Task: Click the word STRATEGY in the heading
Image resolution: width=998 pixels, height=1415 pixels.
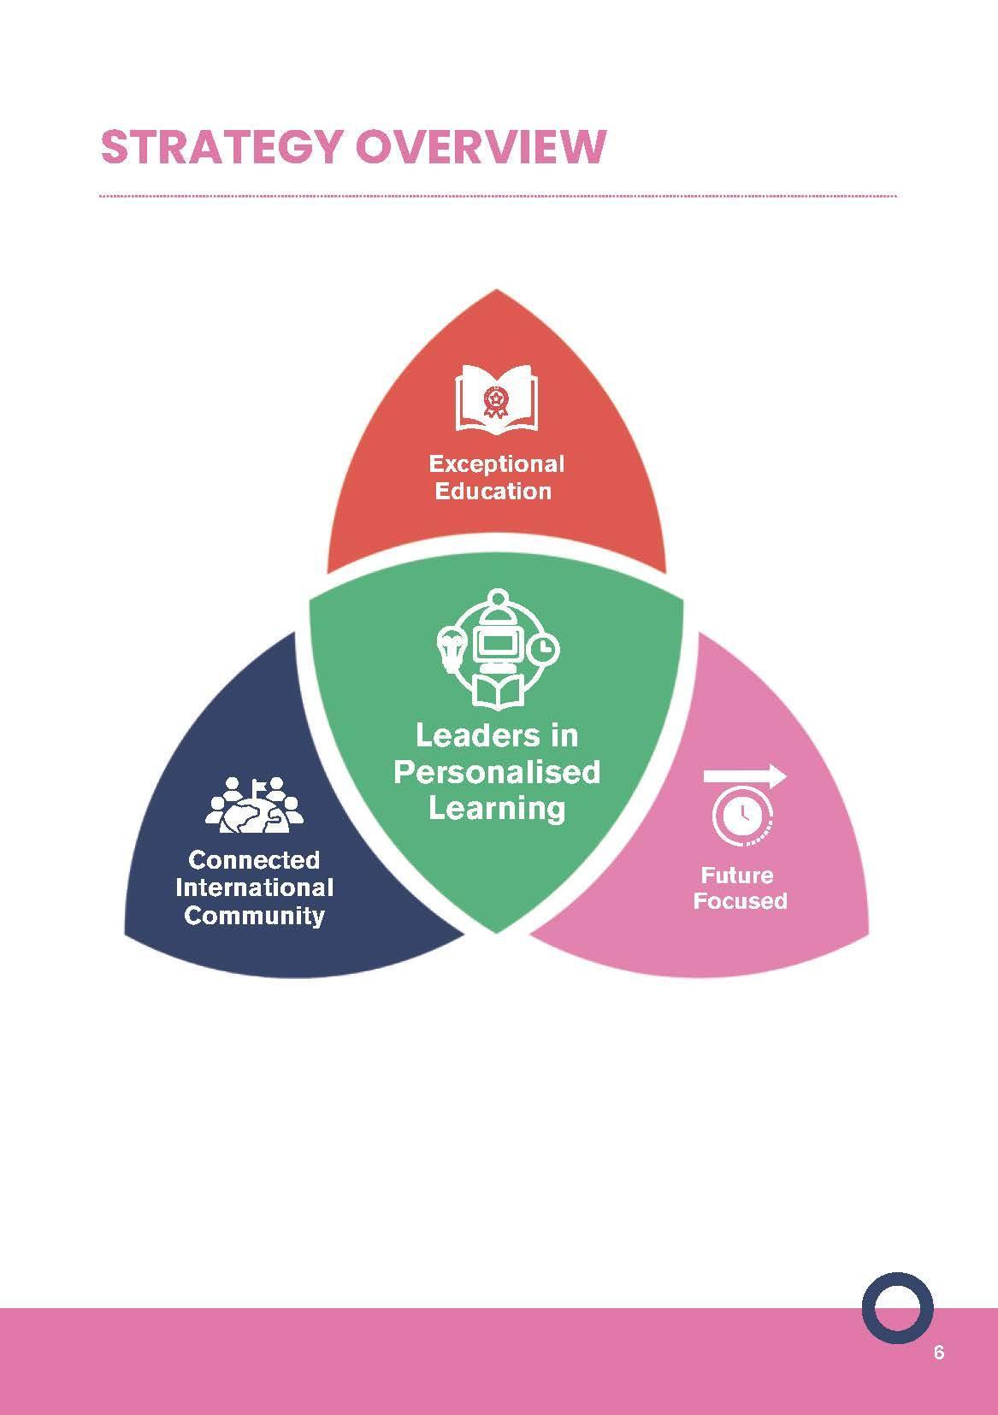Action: (221, 147)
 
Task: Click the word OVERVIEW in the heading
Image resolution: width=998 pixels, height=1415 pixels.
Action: (480, 147)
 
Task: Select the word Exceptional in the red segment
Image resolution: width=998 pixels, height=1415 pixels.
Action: (497, 464)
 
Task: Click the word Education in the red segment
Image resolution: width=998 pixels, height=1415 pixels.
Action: (493, 491)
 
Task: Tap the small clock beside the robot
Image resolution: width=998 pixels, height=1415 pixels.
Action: (542, 650)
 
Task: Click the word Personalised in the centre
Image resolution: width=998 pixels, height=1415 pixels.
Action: (497, 771)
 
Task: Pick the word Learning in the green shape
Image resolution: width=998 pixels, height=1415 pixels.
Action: (497, 808)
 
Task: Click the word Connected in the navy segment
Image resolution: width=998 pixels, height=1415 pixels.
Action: (254, 859)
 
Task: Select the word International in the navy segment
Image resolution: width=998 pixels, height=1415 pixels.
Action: (254, 887)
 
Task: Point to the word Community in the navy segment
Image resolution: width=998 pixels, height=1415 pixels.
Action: (254, 916)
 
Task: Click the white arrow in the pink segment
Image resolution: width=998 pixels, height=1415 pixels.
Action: (744, 776)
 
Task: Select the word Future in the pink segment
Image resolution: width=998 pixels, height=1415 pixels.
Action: (737, 875)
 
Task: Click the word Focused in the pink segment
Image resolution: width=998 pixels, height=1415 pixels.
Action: (740, 901)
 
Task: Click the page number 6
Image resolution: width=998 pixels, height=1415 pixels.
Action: (939, 1353)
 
